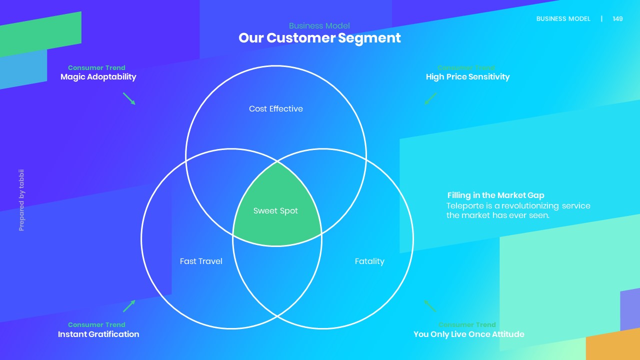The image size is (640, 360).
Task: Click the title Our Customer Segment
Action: coord(319,38)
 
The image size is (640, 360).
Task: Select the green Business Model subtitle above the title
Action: coord(319,26)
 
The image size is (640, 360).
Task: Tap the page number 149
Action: coord(617,19)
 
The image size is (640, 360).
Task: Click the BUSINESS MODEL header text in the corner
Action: coord(563,19)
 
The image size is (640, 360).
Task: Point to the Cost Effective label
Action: coord(276,108)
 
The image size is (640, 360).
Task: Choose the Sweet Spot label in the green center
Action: coord(275,211)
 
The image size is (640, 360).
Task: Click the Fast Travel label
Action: coord(201,261)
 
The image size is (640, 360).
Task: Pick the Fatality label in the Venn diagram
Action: coord(369,261)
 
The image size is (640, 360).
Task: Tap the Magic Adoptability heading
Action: coord(98,76)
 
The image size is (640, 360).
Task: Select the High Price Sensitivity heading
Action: coord(467,76)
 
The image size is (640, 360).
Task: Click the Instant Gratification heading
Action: coord(98,334)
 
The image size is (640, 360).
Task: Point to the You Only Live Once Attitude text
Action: coord(468,334)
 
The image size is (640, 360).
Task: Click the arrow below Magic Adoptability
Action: coord(129,98)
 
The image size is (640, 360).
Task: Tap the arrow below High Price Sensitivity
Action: coord(430,98)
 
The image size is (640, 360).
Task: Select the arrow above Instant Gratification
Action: coord(129,306)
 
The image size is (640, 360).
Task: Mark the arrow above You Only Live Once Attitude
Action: coord(430,306)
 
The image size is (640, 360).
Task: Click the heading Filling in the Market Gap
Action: coord(495,195)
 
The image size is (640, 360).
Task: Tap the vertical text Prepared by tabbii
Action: coord(21,200)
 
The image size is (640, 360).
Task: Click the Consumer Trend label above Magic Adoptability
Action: coord(96,67)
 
